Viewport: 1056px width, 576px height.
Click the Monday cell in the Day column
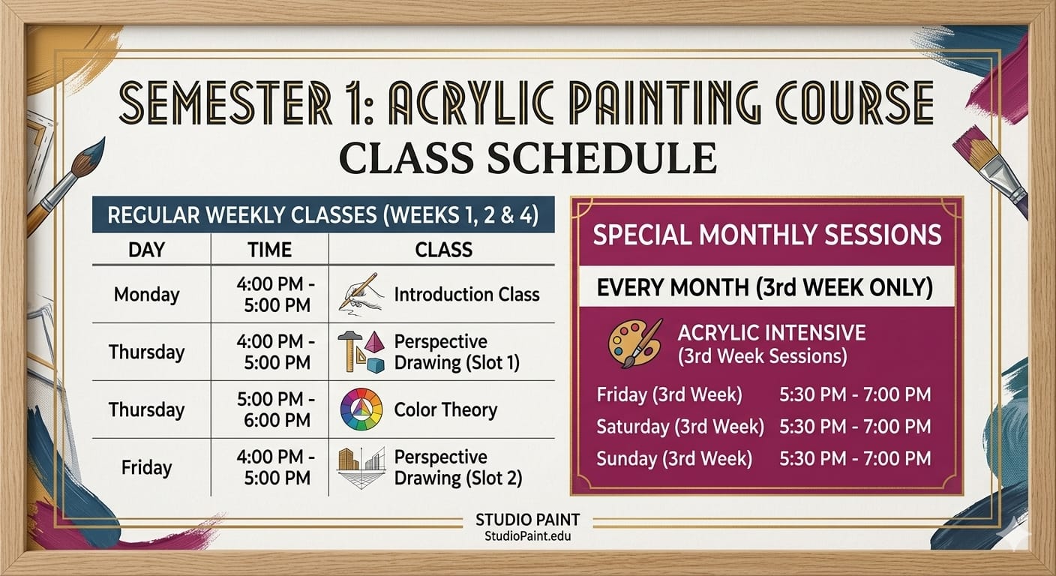[146, 295]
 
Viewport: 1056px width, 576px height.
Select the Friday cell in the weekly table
[146, 467]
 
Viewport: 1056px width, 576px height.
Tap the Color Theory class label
[445, 409]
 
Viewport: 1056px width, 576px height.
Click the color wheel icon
[361, 409]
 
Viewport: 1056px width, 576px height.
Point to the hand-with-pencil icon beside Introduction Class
[361, 292]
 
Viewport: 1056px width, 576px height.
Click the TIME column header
[269, 250]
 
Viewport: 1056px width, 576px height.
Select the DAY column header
[146, 250]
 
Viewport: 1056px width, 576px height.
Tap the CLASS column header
[443, 250]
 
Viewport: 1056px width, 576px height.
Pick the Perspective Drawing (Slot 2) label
[457, 467]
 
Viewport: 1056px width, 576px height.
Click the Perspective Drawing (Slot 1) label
[456, 352]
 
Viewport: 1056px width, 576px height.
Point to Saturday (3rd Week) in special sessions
[679, 427]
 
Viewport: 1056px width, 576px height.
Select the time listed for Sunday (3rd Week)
[855, 458]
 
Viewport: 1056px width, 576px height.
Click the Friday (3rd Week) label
[669, 394]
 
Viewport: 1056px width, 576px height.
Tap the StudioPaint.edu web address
[528, 536]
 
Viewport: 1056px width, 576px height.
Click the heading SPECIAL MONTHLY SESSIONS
[766, 235]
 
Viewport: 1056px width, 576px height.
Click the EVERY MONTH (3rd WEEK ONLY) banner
[764, 287]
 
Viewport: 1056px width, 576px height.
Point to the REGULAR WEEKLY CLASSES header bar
[322, 215]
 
